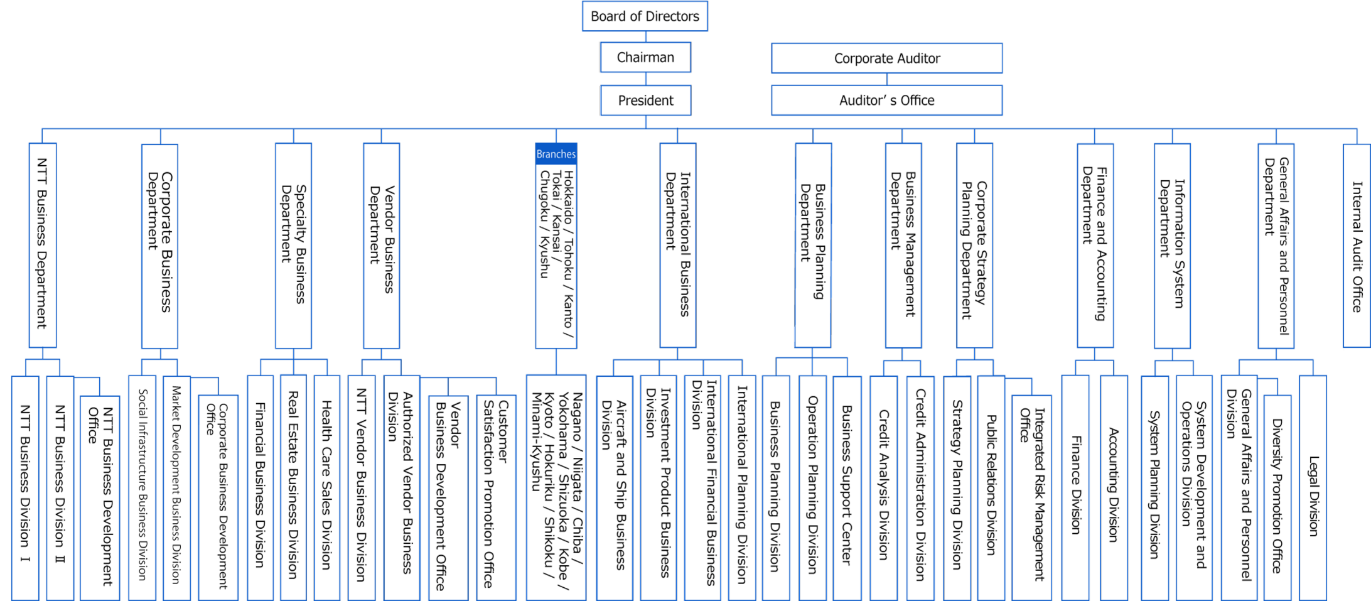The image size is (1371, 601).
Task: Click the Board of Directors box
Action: click(x=645, y=16)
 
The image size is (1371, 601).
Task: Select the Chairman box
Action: click(x=645, y=57)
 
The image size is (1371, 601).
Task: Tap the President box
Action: click(x=645, y=100)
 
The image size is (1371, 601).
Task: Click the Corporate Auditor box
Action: click(x=886, y=58)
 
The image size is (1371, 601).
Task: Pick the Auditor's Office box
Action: click(x=886, y=100)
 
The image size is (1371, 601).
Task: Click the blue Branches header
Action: click(x=556, y=154)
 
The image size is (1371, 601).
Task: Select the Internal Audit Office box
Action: click(x=1357, y=246)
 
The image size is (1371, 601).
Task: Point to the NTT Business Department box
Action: click(x=43, y=246)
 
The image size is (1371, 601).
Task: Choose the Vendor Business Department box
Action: click(x=381, y=246)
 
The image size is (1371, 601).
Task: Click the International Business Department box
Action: click(x=678, y=246)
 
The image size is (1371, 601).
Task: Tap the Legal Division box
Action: click(x=1313, y=488)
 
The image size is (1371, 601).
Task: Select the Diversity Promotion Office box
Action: click(x=1277, y=497)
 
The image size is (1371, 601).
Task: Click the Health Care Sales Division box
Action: click(x=326, y=488)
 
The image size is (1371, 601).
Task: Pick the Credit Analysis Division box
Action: click(x=884, y=488)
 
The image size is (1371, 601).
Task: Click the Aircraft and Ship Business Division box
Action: click(x=615, y=488)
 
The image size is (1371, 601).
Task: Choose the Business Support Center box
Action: click(x=847, y=488)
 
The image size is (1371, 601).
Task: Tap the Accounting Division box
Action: click(x=1114, y=488)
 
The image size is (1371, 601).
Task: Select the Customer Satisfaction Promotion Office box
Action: click(x=496, y=497)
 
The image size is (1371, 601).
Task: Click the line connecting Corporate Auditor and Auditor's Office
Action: click(x=887, y=80)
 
